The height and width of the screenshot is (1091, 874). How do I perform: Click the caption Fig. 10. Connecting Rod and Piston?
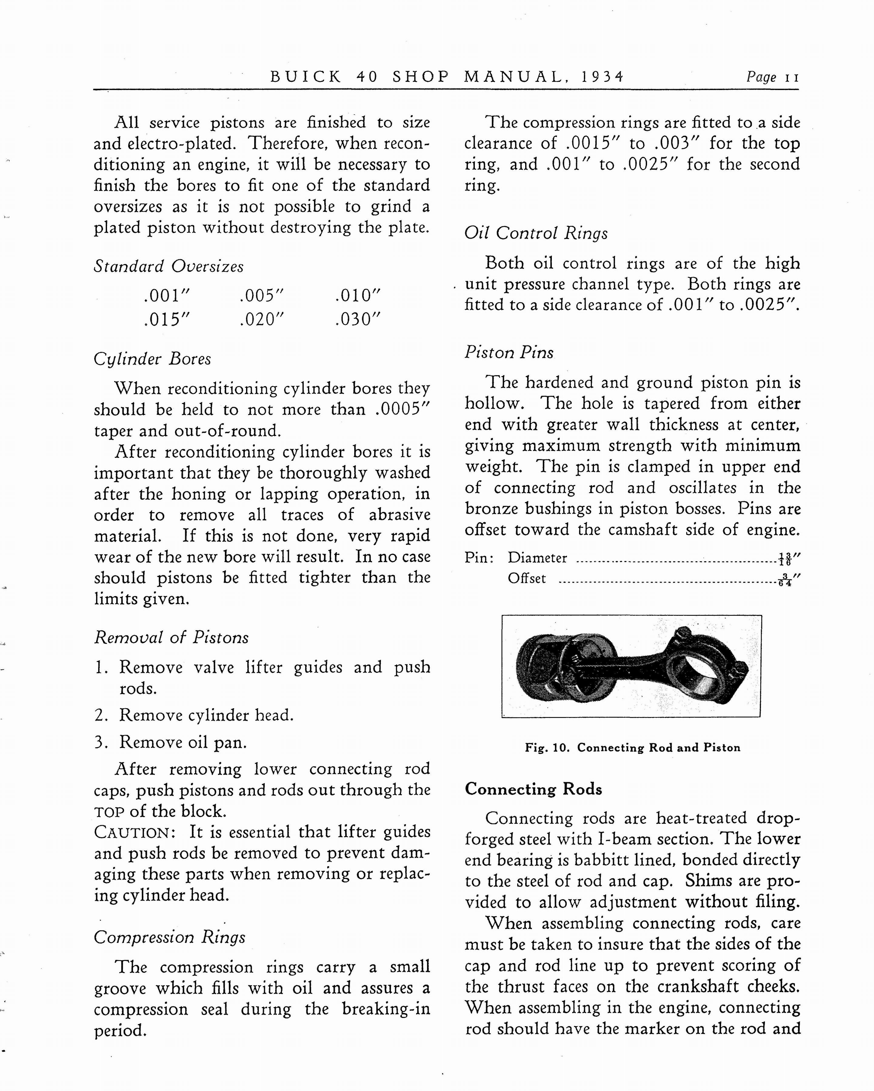[x=632, y=747]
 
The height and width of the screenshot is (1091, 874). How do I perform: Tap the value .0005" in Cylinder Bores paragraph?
[x=403, y=409]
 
